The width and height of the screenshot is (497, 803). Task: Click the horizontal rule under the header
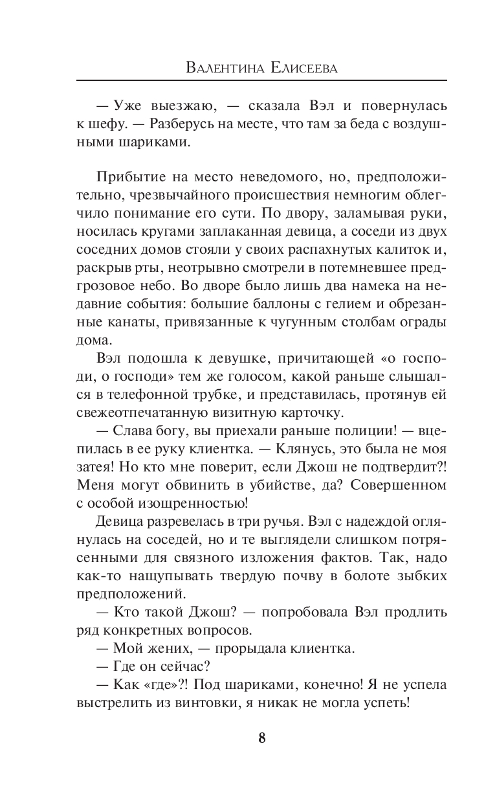[x=261, y=80]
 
